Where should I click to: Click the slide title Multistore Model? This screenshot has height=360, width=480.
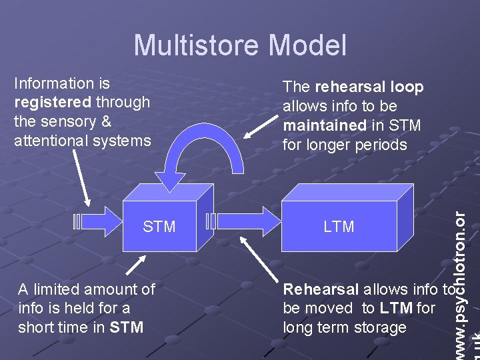240,45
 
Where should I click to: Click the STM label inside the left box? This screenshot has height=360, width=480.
159,227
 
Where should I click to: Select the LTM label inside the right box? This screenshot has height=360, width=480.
339,227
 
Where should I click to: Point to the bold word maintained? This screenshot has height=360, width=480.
324,125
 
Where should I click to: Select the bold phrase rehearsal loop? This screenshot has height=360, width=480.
369,87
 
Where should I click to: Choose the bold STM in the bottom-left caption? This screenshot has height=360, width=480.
126,327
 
